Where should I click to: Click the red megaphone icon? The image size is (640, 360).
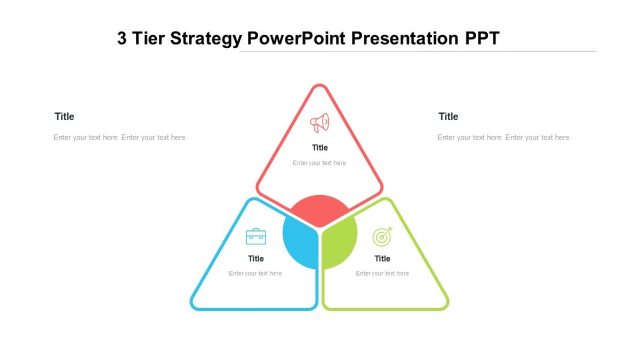coord(319,123)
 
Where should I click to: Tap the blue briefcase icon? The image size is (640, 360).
coord(256,236)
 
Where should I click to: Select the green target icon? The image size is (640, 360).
coord(382,237)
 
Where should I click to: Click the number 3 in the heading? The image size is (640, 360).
coord(122,39)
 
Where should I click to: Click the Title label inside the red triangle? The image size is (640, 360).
coord(320,148)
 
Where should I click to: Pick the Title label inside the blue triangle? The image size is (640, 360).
coord(256,259)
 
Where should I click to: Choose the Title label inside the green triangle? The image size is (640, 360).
coord(382,259)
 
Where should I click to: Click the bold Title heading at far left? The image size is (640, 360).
coord(65,117)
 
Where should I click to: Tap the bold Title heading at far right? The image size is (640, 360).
coord(449,117)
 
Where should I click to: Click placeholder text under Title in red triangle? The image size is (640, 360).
coord(319,163)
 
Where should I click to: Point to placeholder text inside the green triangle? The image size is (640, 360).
coord(382,274)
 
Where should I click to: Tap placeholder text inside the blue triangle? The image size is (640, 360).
coord(255,274)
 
